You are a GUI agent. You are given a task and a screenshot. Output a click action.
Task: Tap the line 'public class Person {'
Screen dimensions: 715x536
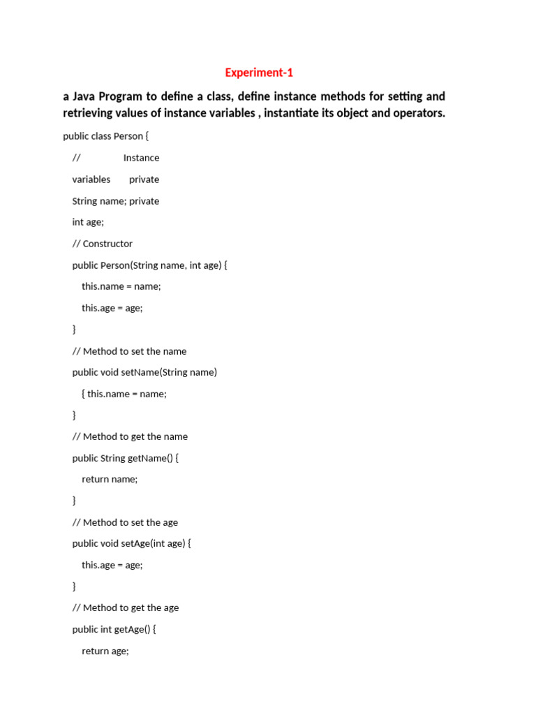tap(105, 136)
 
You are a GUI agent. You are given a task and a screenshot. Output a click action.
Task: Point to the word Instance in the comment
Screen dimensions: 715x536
tap(141, 158)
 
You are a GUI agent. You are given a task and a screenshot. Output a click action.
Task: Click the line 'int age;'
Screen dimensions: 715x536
tap(88, 222)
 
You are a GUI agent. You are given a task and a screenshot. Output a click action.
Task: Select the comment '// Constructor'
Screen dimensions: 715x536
tap(102, 244)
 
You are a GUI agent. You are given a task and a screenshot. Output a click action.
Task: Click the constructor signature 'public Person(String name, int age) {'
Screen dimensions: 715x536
tap(150, 265)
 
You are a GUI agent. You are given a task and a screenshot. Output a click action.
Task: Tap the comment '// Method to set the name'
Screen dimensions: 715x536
tap(129, 351)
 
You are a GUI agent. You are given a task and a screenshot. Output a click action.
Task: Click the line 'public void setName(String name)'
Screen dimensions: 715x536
tap(144, 372)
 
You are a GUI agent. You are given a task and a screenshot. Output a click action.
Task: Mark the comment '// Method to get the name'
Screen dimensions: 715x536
tap(130, 436)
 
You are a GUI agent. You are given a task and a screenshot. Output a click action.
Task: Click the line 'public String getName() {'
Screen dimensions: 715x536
tap(126, 458)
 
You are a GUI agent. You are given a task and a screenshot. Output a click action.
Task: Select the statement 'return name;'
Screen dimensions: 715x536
tap(110, 479)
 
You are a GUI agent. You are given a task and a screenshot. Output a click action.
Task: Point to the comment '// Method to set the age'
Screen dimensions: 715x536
tap(125, 522)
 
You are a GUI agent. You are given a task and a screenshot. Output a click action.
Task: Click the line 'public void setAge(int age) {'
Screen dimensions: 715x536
tap(131, 543)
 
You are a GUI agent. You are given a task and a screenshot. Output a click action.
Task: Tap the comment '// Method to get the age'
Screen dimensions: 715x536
tap(126, 607)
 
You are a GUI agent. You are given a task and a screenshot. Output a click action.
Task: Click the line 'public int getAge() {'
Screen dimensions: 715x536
tap(114, 629)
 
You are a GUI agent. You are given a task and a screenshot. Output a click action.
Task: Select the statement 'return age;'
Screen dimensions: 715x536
tap(105, 651)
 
